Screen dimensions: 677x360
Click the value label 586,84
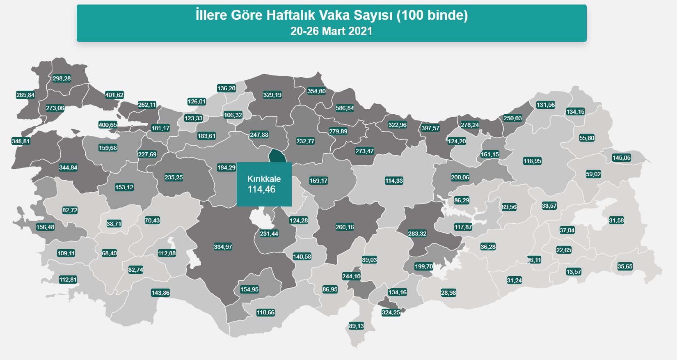[345, 108]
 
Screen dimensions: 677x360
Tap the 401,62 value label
[114, 95]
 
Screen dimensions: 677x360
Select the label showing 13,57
[574, 272]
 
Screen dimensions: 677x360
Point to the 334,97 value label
[223, 247]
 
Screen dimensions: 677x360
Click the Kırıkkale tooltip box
[264, 184]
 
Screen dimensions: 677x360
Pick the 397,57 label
[430, 128]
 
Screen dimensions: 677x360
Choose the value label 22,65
[564, 250]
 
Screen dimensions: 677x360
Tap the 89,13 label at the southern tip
[356, 326]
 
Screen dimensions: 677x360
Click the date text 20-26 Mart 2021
[332, 31]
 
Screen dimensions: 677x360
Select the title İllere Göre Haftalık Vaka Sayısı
[332, 16]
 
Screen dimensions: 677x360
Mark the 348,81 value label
[21, 141]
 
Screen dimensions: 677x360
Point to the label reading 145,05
[621, 158]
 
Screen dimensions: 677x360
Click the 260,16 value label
[345, 227]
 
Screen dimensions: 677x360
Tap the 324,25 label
[391, 312]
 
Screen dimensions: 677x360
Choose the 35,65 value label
[625, 266]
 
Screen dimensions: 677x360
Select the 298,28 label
[62, 78]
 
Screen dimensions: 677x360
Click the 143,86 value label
[160, 293]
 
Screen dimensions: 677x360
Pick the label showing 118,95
[532, 161]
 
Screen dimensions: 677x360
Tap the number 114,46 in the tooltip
[262, 190]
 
